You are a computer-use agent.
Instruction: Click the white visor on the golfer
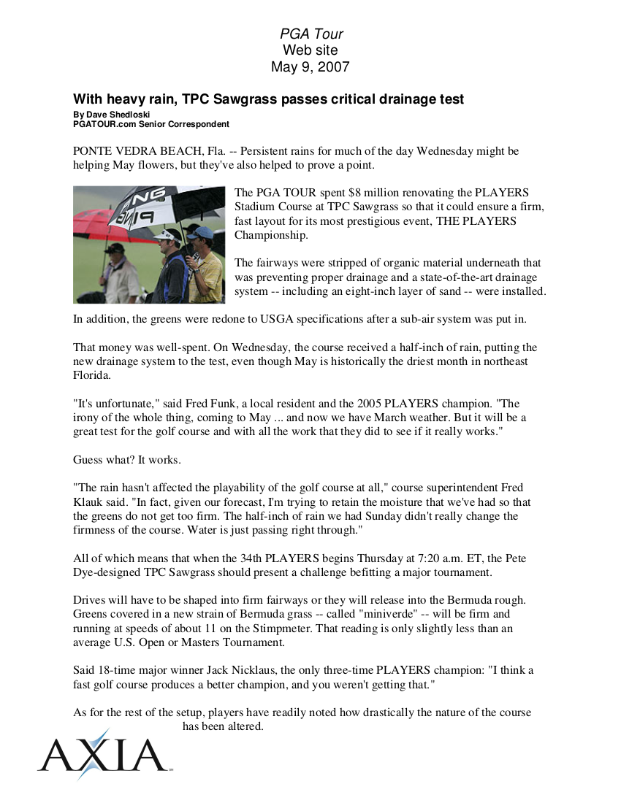(167, 235)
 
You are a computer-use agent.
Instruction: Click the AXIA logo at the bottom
(102, 755)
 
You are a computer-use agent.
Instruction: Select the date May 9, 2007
(310, 67)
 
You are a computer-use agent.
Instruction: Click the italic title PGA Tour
(311, 34)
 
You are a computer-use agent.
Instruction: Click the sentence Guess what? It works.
(127, 460)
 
